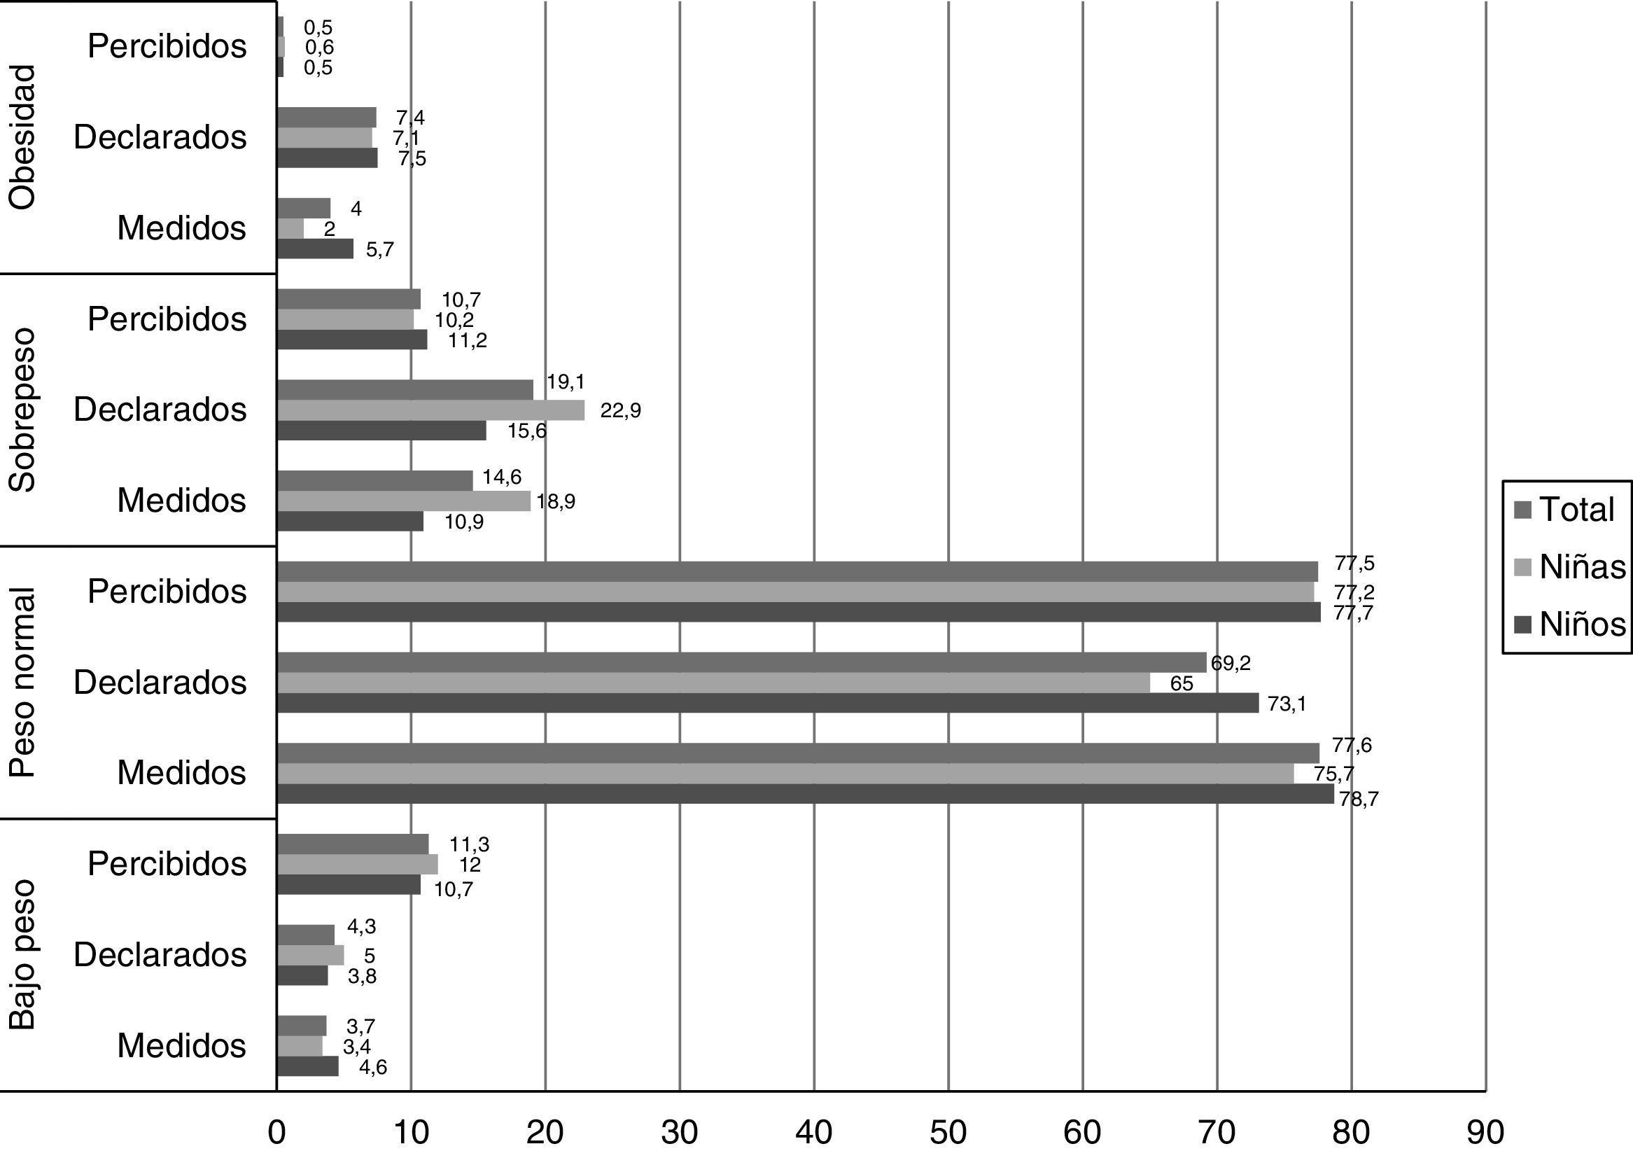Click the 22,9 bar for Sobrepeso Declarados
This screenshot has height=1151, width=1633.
pos(430,410)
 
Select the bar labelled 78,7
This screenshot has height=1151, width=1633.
pos(804,794)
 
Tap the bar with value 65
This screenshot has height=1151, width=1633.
pos(713,683)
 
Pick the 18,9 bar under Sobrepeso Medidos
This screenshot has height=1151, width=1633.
pos(403,501)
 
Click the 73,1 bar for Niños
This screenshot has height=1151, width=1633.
pos(766,704)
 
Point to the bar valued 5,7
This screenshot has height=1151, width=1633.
pos(314,249)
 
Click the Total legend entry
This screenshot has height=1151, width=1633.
pos(1564,510)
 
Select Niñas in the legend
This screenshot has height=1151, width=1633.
pos(1570,567)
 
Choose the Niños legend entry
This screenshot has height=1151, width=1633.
pos(1570,624)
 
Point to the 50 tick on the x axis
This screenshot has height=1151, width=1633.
pos(948,1132)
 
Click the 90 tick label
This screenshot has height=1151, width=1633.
pos(1485,1132)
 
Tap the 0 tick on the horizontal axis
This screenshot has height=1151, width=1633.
pos(276,1132)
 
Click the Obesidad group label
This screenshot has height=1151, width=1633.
pos(22,137)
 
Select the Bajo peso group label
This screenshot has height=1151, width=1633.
pos(22,955)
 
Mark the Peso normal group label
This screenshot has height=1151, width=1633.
pos(22,682)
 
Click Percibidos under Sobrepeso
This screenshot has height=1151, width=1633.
pos(167,319)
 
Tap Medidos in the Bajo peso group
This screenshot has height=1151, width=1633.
pos(181,1046)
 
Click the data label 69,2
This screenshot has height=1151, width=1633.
pos(1231,664)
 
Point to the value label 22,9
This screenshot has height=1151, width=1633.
pos(620,411)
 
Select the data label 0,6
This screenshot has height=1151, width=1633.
pos(318,48)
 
